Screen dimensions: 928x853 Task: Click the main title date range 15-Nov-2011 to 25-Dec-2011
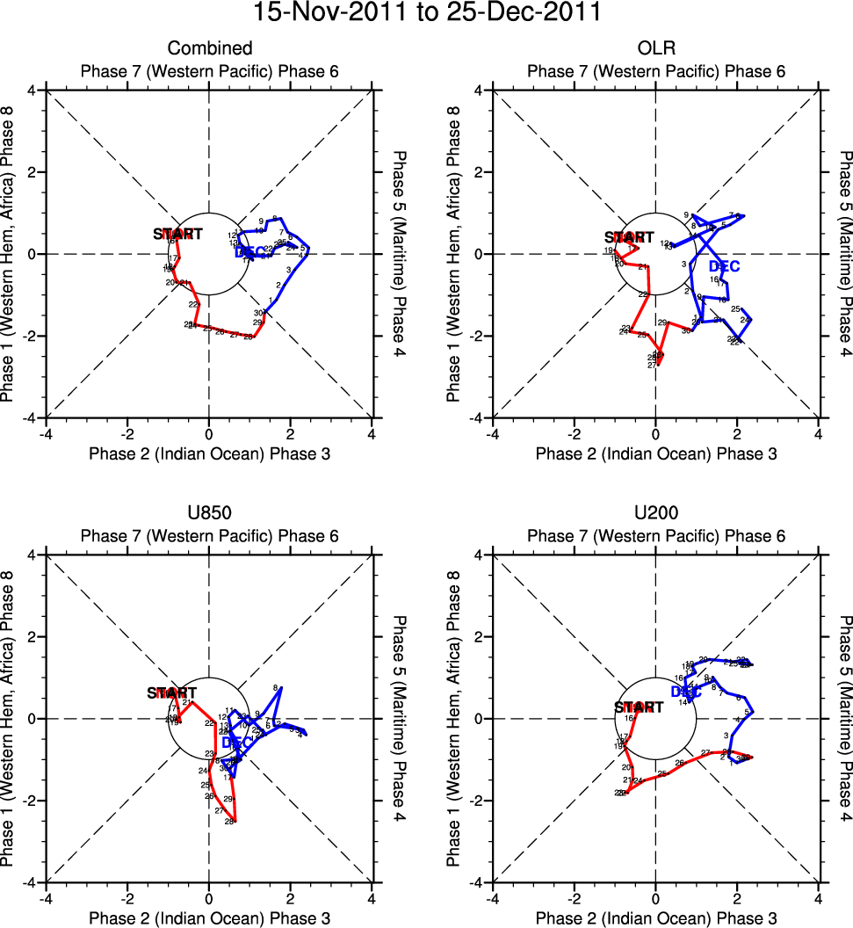point(426,13)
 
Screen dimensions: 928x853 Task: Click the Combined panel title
point(209,48)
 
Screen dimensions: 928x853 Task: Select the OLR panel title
point(655,48)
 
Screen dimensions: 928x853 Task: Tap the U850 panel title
point(209,512)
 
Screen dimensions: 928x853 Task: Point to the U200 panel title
point(655,512)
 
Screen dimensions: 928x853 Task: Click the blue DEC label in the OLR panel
point(724,266)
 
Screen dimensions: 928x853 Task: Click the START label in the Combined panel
point(177,234)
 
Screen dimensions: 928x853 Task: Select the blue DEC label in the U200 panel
point(686,692)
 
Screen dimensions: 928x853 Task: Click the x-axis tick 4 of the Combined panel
point(372,433)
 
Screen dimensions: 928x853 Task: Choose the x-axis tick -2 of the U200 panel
point(574,898)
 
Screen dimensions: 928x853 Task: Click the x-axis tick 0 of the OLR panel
point(655,433)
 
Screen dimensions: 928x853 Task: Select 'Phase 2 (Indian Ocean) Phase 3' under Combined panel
point(209,453)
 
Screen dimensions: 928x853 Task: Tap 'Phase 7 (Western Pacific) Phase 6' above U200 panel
point(655,536)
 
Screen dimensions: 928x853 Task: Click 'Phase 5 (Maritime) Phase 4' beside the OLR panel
point(845,253)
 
